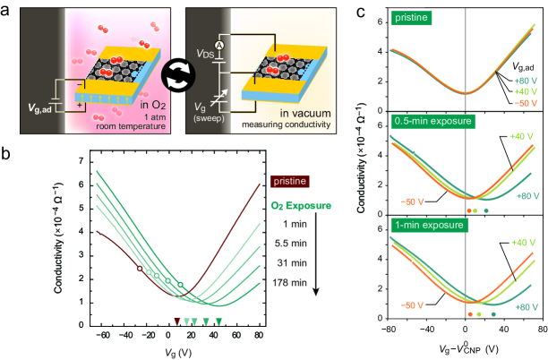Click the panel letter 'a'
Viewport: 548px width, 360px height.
(8, 11)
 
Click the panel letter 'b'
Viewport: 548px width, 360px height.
(8, 152)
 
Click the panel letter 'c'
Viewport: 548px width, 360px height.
(363, 11)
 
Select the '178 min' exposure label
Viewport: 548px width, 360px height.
(288, 283)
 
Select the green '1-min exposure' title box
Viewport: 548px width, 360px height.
(421, 225)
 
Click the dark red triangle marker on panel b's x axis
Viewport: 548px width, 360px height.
(176, 321)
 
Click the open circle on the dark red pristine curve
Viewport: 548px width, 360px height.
(140, 268)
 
